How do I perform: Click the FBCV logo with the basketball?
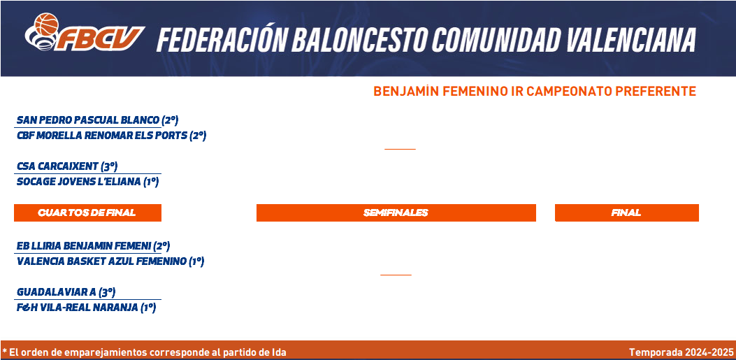[x=85, y=32]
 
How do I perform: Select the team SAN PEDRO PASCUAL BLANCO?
[x=88, y=121]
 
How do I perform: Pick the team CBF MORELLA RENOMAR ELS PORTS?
[x=102, y=136]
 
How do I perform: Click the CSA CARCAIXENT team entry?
[x=58, y=166]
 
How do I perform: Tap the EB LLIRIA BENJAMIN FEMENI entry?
[x=84, y=246]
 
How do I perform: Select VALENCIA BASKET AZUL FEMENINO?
[x=101, y=261]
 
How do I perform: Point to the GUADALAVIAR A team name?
[x=57, y=292]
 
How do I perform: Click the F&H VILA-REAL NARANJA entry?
[x=78, y=308]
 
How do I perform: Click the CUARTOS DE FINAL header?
[x=87, y=213]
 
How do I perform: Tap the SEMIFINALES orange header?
[x=396, y=213]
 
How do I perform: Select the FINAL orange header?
[x=627, y=213]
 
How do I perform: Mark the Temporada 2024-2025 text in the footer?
[x=681, y=352]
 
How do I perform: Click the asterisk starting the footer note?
[x=4, y=351]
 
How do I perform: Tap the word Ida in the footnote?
[x=279, y=352]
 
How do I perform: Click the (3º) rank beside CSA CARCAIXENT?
[x=109, y=166]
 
